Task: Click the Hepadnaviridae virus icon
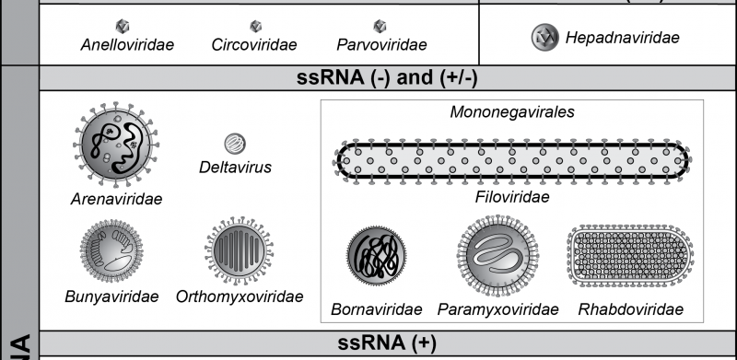point(544,38)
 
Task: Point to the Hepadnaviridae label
point(624,38)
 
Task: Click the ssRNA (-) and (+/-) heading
point(386,78)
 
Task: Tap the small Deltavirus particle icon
point(235,144)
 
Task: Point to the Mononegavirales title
point(513,112)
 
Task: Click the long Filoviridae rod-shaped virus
point(512,162)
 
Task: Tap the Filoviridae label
point(512,197)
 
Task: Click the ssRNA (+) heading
point(386,343)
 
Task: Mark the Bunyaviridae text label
point(111,296)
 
